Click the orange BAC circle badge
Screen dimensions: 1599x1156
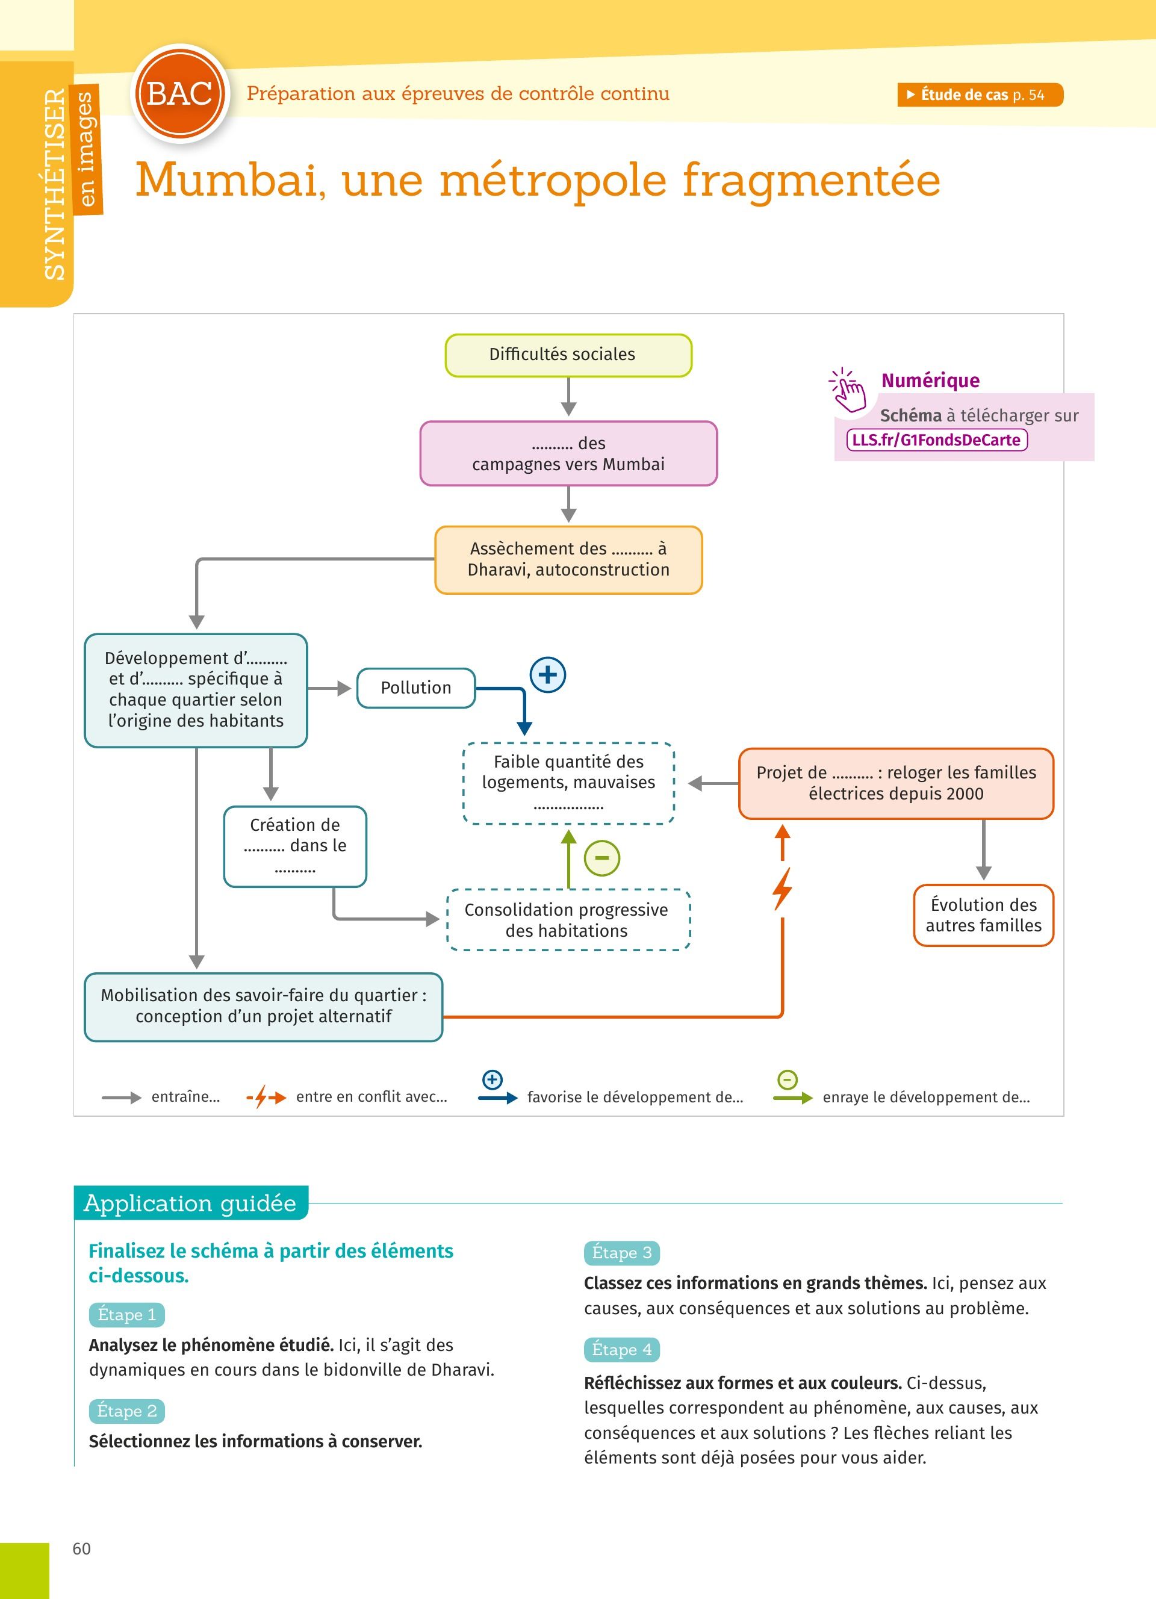[x=181, y=94]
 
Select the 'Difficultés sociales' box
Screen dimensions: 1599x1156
[x=568, y=355]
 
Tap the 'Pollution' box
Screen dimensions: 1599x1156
[x=416, y=688]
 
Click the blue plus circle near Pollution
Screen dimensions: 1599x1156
[x=548, y=675]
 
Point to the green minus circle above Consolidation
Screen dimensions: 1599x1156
[x=602, y=858]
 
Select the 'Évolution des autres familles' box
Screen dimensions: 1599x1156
[x=983, y=914]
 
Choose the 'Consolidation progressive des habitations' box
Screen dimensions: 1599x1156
[x=567, y=920]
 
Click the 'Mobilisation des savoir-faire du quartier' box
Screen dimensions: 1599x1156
[x=263, y=1006]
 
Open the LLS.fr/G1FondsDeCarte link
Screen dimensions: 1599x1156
[x=936, y=440]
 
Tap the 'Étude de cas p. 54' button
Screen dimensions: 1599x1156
[x=980, y=95]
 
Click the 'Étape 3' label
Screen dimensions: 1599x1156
[x=621, y=1253]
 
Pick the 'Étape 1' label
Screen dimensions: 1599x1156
[x=127, y=1315]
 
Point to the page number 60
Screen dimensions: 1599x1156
[x=82, y=1548]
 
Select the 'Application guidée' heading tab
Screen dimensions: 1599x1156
[x=190, y=1203]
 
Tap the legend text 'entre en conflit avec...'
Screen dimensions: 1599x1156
[x=371, y=1096]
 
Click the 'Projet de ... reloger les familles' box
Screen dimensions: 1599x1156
[x=895, y=783]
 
